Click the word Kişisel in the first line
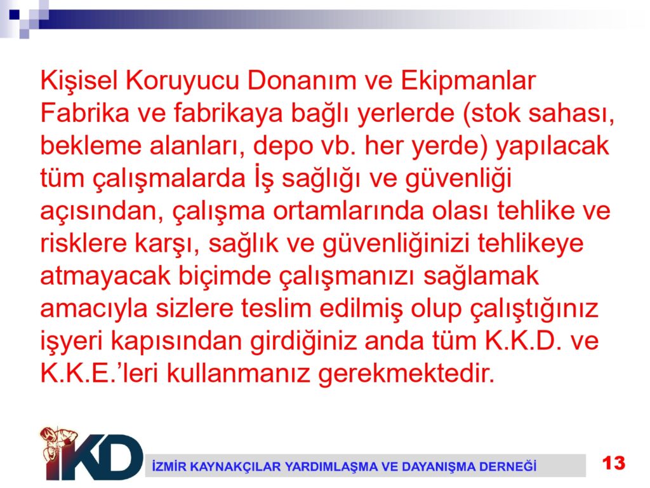click(79, 81)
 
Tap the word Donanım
click(302, 81)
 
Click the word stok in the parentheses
click(494, 113)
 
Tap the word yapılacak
click(552, 147)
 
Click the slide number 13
click(614, 463)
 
